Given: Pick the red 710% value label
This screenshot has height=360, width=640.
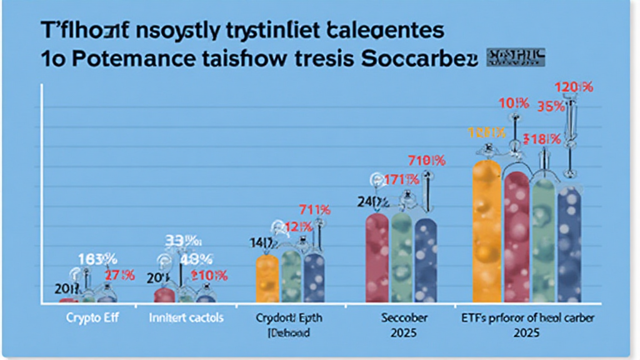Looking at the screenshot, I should tap(426, 161).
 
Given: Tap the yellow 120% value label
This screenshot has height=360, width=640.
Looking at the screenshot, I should tap(486, 132).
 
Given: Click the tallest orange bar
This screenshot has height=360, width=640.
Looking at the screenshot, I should tap(486, 231).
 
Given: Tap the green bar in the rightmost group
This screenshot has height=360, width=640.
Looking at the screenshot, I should tap(543, 241).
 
